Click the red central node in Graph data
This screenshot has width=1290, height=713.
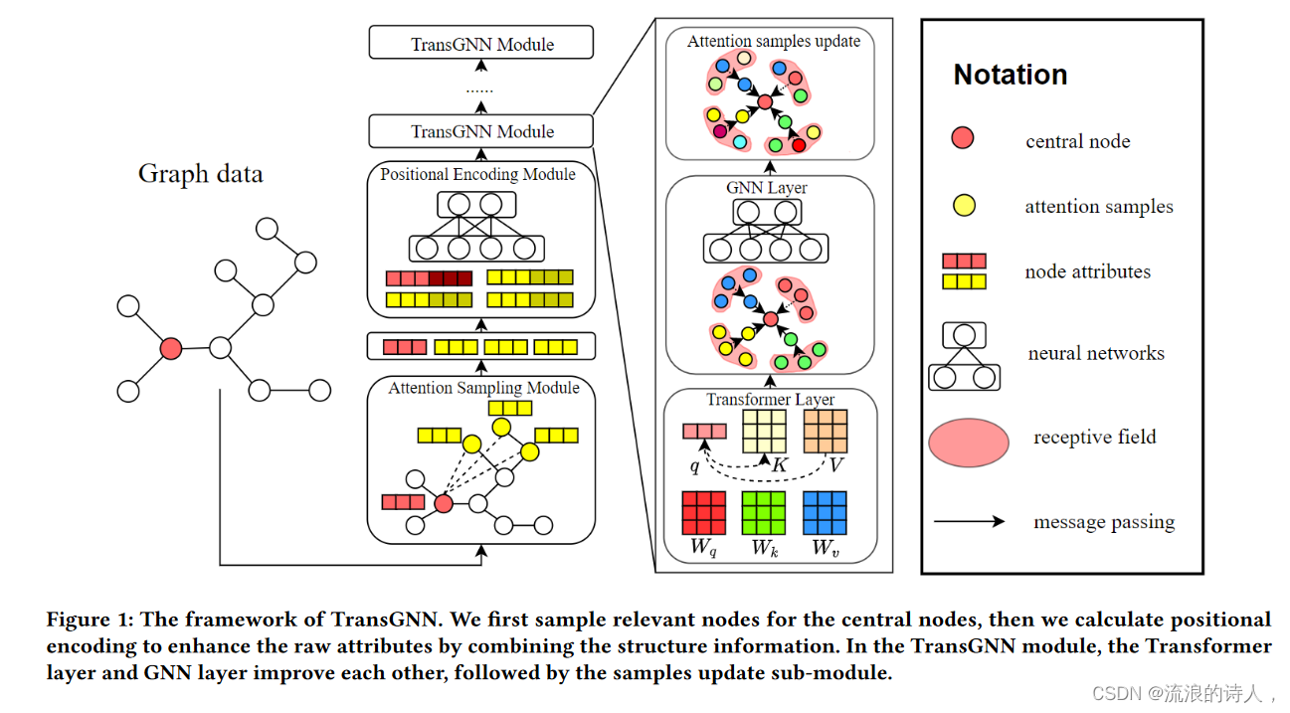171,348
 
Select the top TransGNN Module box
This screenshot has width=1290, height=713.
481,44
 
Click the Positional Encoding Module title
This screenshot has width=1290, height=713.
477,174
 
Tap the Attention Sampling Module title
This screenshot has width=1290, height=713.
483,388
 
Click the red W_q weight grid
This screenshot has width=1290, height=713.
702,513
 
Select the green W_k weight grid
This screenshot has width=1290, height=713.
764,513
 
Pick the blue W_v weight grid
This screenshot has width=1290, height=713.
825,513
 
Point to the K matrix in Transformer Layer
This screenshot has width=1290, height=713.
764,432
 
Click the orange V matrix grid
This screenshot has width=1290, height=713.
825,432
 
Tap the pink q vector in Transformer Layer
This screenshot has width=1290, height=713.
704,432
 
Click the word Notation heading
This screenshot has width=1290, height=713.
1010,75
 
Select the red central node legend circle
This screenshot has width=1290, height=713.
962,139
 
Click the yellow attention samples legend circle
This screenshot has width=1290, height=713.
964,206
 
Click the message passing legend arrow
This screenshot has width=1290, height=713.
969,521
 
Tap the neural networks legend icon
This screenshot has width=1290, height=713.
964,356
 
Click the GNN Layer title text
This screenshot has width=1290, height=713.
767,187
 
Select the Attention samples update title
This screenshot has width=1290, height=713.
773,42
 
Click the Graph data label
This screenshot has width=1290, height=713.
200,174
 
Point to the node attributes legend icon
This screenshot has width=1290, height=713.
964,270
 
